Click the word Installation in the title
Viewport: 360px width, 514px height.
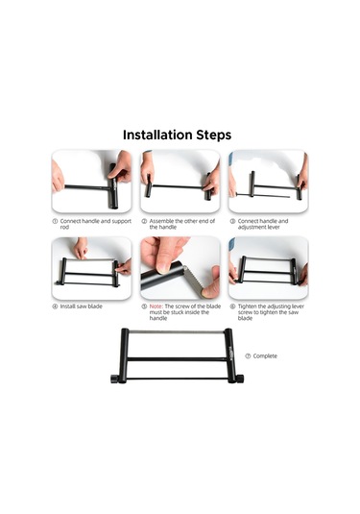tap(157, 135)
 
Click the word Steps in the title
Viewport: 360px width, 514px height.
tap(214, 135)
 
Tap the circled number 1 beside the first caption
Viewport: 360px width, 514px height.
tap(55, 221)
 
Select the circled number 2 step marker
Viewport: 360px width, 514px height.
tap(144, 221)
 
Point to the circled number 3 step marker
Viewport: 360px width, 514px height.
tap(232, 221)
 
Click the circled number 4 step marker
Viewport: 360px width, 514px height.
tap(55, 306)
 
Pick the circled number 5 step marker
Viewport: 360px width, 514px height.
tap(144, 306)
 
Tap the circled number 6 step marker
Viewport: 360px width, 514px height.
tap(232, 306)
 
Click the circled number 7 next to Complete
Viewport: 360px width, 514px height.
tap(248, 356)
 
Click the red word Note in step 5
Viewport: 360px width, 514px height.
tap(156, 306)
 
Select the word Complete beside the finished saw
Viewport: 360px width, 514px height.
tap(265, 356)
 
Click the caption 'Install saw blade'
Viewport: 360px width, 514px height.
tap(82, 306)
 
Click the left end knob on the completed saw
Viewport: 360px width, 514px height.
tap(114, 379)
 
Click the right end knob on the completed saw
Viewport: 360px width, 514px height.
tap(239, 379)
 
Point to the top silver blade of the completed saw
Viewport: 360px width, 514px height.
tap(176, 331)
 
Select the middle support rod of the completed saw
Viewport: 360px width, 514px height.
tap(177, 359)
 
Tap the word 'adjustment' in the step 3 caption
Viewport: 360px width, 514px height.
tap(252, 227)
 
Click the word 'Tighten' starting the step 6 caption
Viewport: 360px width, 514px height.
tap(248, 306)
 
